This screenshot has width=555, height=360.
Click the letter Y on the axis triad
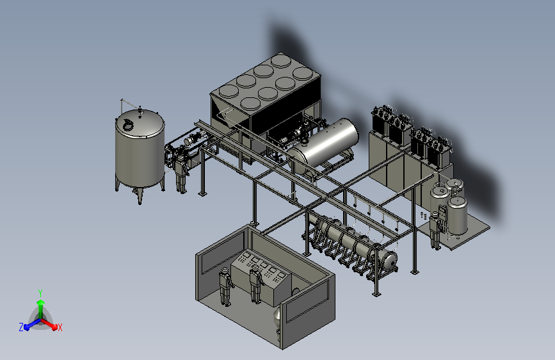tap(40, 293)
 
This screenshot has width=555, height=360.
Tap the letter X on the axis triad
tap(60, 327)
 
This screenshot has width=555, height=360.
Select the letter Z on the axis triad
tap(21, 327)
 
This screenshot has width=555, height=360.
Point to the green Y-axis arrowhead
tap(40, 302)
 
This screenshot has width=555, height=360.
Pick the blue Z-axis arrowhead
tap(27, 327)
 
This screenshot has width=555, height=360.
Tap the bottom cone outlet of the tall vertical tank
tap(140, 196)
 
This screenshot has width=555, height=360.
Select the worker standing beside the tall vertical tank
tap(181, 175)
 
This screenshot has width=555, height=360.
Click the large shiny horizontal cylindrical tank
tap(323, 145)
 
